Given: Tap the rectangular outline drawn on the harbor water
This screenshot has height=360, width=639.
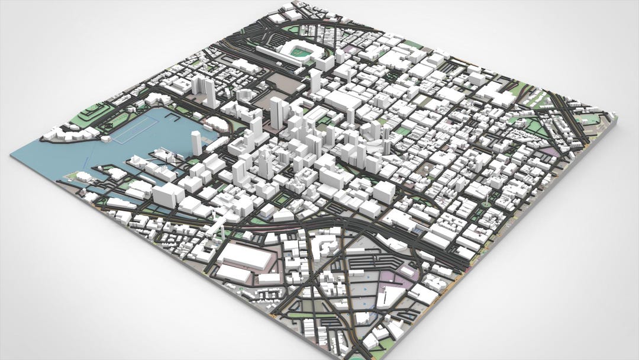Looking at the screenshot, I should (135, 132).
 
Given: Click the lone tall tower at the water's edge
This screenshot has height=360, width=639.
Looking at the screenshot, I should (196, 143).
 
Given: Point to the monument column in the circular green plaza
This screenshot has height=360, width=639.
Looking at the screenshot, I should (485, 203).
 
